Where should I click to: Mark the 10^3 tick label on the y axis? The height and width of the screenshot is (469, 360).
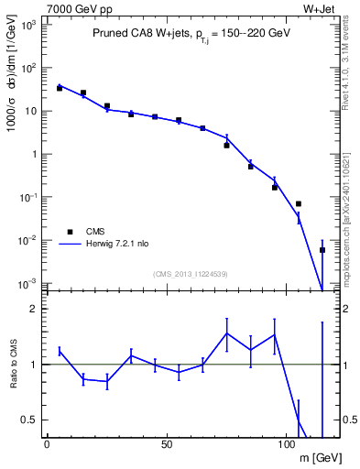point(27,25)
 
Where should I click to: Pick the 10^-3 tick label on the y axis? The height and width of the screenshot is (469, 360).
point(27,283)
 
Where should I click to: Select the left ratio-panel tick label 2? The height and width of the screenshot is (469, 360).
point(31,309)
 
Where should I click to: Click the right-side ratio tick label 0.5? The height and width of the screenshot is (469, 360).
point(350,420)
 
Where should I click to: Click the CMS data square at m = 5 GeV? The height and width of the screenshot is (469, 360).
point(60,88)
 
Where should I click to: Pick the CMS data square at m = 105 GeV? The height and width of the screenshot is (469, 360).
point(299,203)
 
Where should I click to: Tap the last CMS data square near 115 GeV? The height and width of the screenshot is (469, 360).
point(322,250)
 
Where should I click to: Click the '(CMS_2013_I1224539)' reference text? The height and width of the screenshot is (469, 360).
point(191,274)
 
